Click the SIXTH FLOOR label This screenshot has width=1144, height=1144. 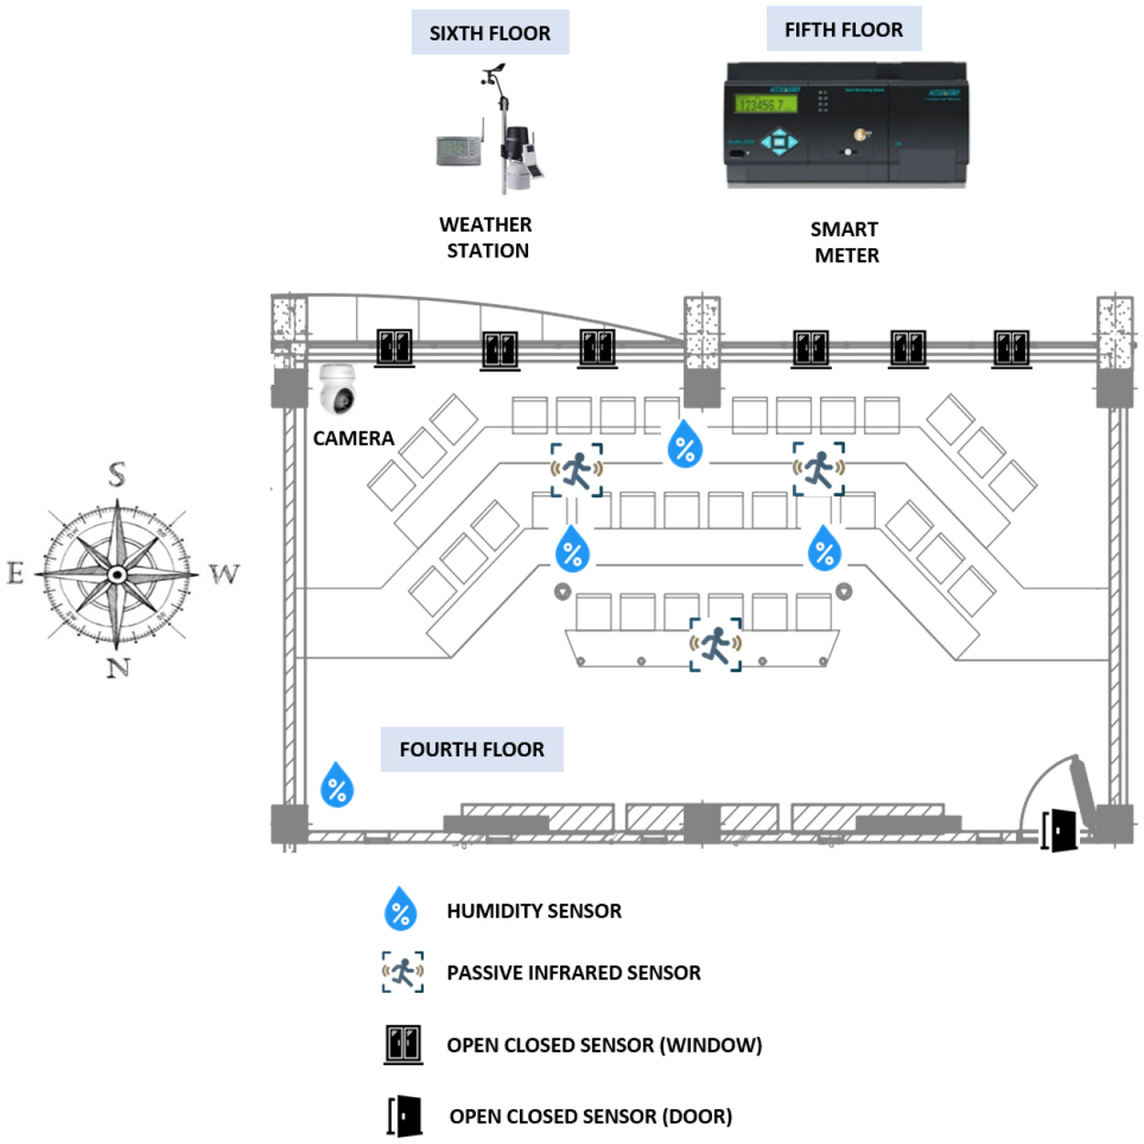pos(489,33)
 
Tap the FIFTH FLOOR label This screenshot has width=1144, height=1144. pos(843,30)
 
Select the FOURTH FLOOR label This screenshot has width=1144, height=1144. pos(471,750)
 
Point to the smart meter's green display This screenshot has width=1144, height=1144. pos(765,105)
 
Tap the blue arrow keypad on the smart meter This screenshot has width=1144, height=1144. pos(778,142)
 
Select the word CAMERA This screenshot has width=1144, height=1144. pos(354,439)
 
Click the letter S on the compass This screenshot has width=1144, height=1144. pos(117,474)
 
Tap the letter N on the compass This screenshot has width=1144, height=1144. pos(119,667)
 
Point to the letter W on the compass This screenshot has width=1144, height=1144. pos(224,574)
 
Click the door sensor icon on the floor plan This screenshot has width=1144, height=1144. pos(1061,831)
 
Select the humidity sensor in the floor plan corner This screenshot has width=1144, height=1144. pos(337,784)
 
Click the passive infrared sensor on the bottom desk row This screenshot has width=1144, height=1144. pos(715,644)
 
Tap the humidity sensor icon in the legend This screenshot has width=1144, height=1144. pos(400,909)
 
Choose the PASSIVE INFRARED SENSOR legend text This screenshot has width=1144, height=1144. pos(573,973)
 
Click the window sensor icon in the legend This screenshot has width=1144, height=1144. pos(403,1045)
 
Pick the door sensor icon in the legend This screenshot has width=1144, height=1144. pos(405,1117)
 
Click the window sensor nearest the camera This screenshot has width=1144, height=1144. pos(394,347)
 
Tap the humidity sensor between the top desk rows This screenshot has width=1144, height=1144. pos(685,444)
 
